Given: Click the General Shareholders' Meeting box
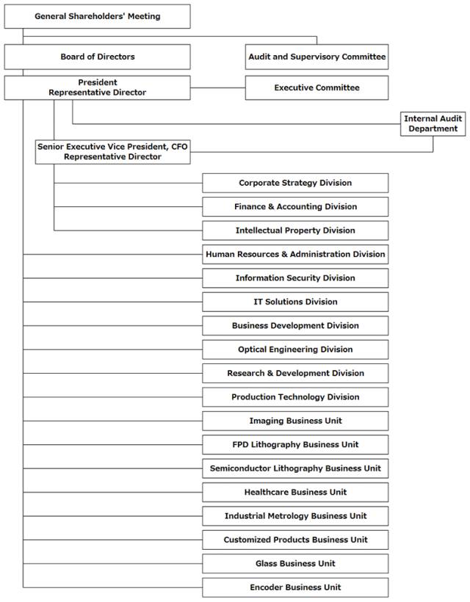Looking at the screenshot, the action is point(97,16).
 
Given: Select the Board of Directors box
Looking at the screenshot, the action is point(97,57).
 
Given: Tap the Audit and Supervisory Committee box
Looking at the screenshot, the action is point(317,57).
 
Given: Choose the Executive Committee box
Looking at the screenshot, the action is point(317,88).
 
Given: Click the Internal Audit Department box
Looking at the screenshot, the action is point(433,123).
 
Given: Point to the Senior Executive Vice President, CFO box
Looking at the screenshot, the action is point(112,152).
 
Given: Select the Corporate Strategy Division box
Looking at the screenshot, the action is point(295,183).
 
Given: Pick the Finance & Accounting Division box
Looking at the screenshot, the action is point(295,207).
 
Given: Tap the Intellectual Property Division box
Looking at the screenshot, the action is point(295,231).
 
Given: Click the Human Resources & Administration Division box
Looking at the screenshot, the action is point(295,255).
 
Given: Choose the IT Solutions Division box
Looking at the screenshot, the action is point(295,302).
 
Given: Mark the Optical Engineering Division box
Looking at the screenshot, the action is point(295,349).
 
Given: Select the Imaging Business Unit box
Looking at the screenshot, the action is point(295,421).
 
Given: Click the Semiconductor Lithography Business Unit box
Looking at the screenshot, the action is point(295,469).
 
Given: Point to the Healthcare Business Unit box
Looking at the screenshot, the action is point(295,493).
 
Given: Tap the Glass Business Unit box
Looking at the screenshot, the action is point(295,564).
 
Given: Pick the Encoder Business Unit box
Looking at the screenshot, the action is point(295,588).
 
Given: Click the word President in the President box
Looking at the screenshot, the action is point(98,82).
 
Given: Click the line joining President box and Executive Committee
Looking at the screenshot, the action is point(217,88).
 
